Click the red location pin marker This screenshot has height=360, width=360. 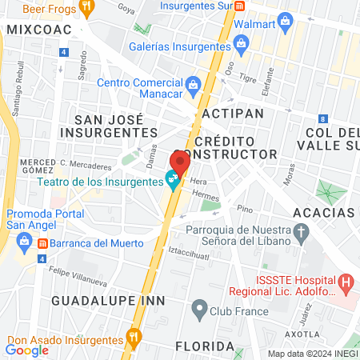pyautogui.click(x=180, y=162)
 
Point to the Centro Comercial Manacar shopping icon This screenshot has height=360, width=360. pyautogui.click(x=193, y=84)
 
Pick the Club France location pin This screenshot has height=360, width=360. pyautogui.click(x=198, y=309)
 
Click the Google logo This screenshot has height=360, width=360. pyautogui.click(x=27, y=350)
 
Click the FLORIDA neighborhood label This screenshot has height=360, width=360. pyautogui.click(x=206, y=346)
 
